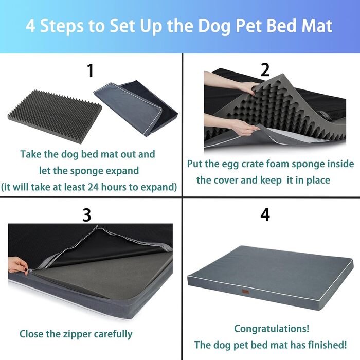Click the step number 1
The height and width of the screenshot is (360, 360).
(x=91, y=71)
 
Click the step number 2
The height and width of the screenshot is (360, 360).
(x=265, y=70)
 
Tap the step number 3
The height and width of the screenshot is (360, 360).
(x=87, y=215)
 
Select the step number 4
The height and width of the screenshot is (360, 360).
(x=265, y=214)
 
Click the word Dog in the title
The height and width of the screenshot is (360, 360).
(x=214, y=26)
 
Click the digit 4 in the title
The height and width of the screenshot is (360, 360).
(x=30, y=26)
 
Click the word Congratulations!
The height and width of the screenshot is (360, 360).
(x=272, y=329)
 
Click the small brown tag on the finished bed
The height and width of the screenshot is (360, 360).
(x=245, y=291)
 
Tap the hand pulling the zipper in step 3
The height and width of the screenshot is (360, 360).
(x=19, y=265)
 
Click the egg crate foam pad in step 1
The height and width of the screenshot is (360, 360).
(x=55, y=116)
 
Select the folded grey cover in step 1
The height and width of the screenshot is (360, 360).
(x=136, y=108)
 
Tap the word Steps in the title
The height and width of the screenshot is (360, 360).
(x=62, y=26)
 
